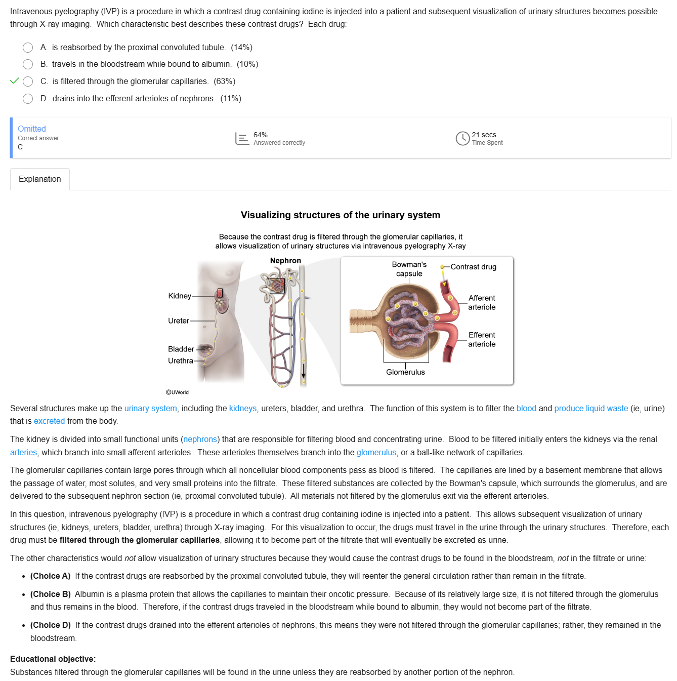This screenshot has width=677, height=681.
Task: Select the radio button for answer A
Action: click(28, 48)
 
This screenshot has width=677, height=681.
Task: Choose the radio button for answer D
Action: click(28, 99)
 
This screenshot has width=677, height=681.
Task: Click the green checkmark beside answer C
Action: click(15, 81)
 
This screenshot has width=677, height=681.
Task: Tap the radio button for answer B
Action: click(28, 64)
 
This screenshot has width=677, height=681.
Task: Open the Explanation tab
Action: click(40, 179)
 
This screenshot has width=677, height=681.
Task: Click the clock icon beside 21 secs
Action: click(462, 138)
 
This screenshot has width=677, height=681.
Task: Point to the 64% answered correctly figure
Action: click(260, 135)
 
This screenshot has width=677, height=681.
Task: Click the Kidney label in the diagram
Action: click(180, 296)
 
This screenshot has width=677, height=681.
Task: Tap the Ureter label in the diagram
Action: click(179, 321)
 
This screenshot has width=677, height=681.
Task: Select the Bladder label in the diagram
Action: click(181, 349)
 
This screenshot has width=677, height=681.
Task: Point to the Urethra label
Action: click(181, 361)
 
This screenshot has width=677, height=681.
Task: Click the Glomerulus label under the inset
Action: click(405, 372)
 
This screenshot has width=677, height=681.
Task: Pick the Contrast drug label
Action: click(473, 267)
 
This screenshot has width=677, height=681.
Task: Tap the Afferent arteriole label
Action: click(482, 303)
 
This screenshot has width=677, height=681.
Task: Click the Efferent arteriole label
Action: click(482, 340)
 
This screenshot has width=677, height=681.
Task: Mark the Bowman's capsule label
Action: click(409, 269)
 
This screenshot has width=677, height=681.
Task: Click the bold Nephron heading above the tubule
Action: click(285, 261)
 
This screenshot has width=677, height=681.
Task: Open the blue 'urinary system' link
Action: click(151, 409)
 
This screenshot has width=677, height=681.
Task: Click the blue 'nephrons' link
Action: click(200, 439)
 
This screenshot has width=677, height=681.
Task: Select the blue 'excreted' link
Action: click(49, 421)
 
